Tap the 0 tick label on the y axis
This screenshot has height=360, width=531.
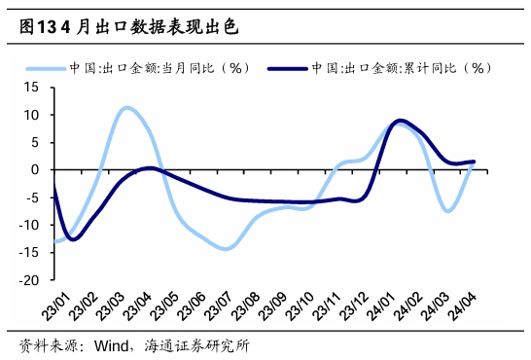[x=34, y=169]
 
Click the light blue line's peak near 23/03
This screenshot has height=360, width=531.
[x=127, y=108]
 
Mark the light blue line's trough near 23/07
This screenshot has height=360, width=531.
[x=227, y=248]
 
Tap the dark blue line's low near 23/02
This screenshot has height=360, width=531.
[x=72, y=238]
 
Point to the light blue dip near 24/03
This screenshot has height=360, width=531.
[x=447, y=210]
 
